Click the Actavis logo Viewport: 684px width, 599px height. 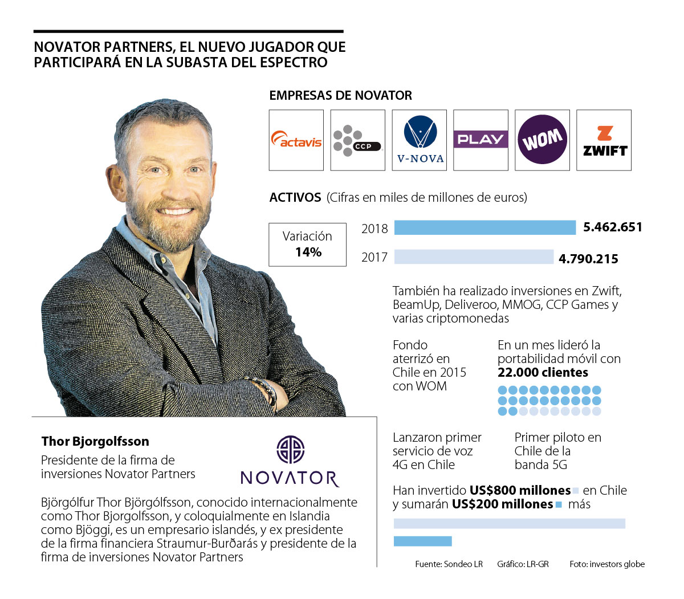pyautogui.click(x=296, y=140)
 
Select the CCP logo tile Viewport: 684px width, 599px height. pyautogui.click(x=357, y=140)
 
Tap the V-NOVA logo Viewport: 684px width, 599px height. pyautogui.click(x=420, y=140)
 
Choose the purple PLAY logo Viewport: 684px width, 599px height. pyautogui.click(x=481, y=139)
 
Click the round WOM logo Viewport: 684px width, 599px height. pyautogui.click(x=542, y=140)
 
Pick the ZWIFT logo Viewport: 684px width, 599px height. pyautogui.click(x=604, y=141)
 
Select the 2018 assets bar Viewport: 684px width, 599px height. pyautogui.click(x=485, y=227)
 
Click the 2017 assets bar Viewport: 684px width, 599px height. pyautogui.click(x=474, y=257)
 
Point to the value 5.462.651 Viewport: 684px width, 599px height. pyautogui.click(x=613, y=227)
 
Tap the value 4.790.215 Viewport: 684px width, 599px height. pyautogui.click(x=588, y=259)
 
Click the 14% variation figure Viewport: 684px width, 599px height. pyautogui.click(x=308, y=252)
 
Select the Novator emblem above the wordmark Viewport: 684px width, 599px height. pyautogui.click(x=290, y=450)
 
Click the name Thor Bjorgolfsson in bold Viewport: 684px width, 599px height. pyautogui.click(x=95, y=441)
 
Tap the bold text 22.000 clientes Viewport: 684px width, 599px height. pyautogui.click(x=543, y=373)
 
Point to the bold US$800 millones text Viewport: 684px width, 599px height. pyautogui.click(x=520, y=491)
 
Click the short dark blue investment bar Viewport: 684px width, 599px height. pyautogui.click(x=422, y=541)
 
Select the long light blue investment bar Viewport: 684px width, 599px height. pyautogui.click(x=509, y=523)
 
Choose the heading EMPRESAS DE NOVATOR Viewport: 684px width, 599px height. pyautogui.click(x=340, y=95)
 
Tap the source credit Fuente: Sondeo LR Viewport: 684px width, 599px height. pyautogui.click(x=449, y=564)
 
